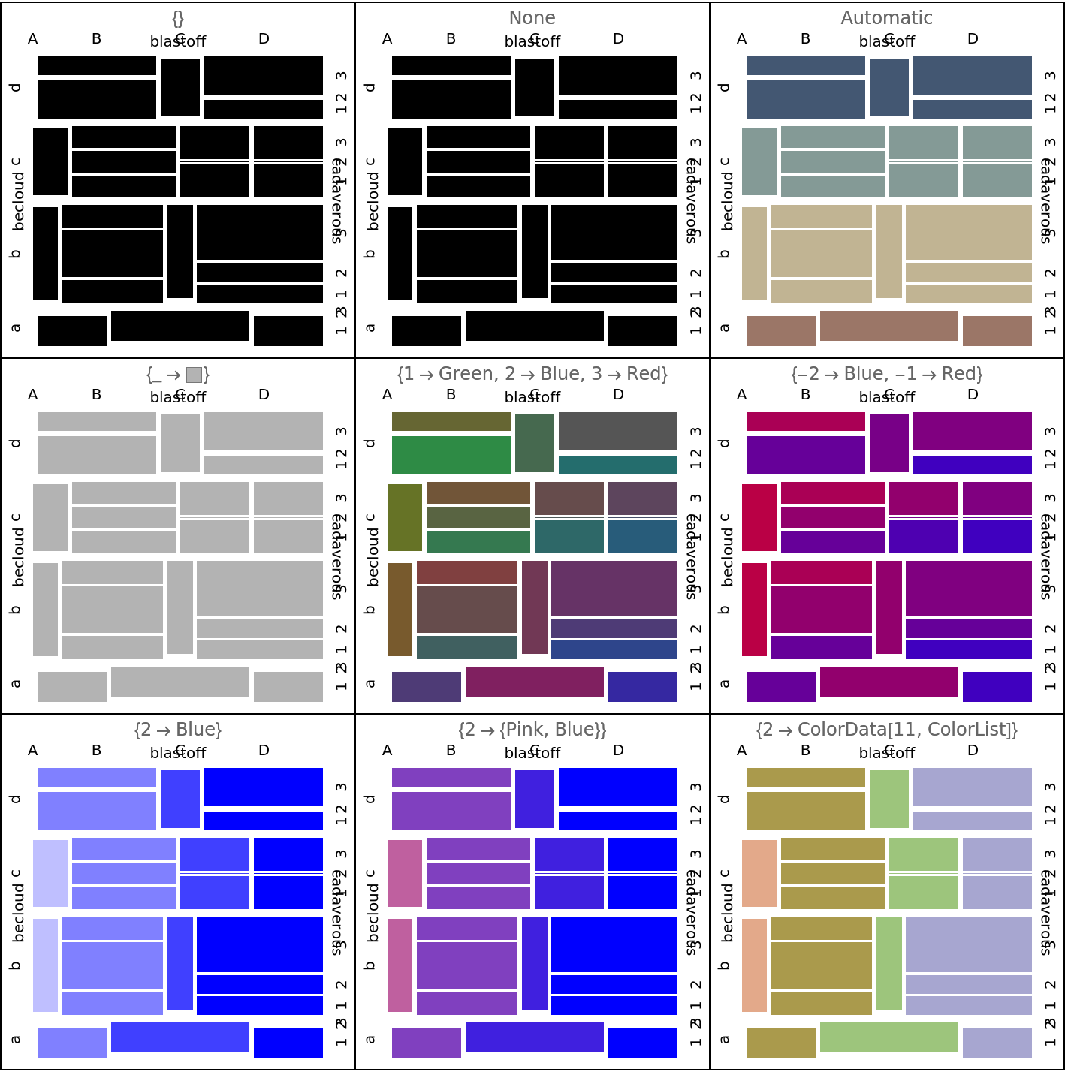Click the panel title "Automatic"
click(x=886, y=18)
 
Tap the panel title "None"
click(x=532, y=18)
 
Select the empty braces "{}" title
click(x=178, y=18)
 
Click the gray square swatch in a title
click(x=194, y=375)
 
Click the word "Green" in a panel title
click(x=461, y=374)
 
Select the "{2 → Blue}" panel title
click(x=178, y=730)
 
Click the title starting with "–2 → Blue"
click(x=886, y=374)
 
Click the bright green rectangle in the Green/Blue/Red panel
click(x=451, y=455)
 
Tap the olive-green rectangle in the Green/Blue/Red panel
click(x=405, y=517)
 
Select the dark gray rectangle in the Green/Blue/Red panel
click(x=617, y=431)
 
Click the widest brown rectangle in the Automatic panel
click(x=889, y=326)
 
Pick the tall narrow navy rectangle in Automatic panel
click(x=889, y=87)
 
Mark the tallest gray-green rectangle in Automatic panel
click(x=759, y=161)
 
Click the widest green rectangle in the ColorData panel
click(x=889, y=1037)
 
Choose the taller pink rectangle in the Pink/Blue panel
click(x=400, y=965)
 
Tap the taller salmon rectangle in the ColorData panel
click(x=755, y=965)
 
